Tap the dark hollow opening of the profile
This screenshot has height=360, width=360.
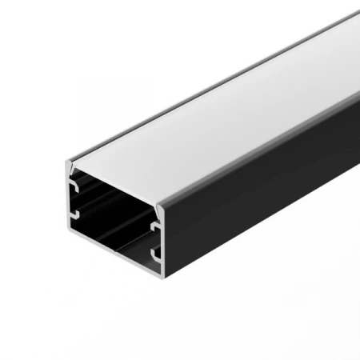pos(112,216)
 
